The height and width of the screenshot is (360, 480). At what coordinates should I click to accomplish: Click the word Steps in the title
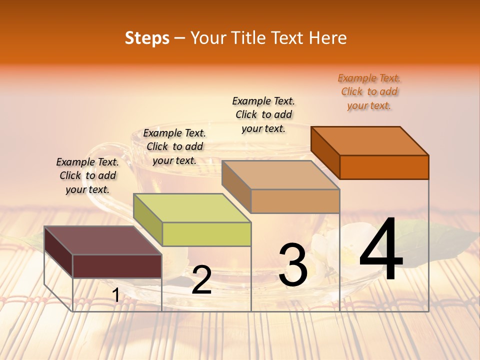[x=147, y=38]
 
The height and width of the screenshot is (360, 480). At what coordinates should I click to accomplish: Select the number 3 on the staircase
[x=293, y=265]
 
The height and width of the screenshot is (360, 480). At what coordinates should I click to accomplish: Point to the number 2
[x=201, y=280]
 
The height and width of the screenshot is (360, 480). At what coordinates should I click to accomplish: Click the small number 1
[x=116, y=295]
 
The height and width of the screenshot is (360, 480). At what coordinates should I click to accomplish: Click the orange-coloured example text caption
[x=369, y=91]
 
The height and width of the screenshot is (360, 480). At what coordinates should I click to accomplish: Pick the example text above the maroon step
[x=87, y=175]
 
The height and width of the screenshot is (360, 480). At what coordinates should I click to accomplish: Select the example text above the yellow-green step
[x=174, y=146]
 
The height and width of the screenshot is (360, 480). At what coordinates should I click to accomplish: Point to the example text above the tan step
[x=263, y=114]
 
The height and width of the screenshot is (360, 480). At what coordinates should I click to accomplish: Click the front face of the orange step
[x=384, y=167]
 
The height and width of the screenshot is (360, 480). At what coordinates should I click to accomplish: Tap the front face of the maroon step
[x=117, y=266]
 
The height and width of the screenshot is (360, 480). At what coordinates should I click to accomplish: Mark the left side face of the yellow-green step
[x=148, y=220]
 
